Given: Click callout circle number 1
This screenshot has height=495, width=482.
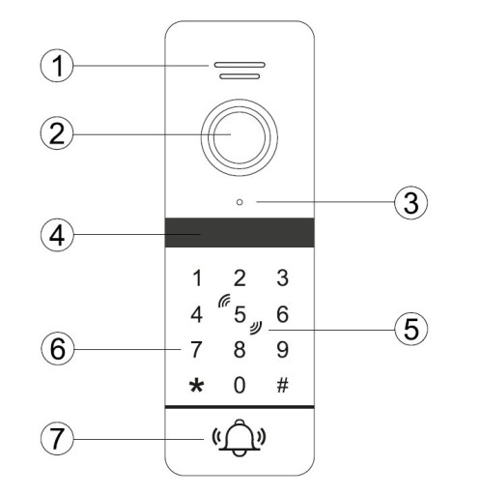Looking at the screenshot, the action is tap(57, 66).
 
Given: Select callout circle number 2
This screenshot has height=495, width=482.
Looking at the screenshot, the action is tap(57, 133).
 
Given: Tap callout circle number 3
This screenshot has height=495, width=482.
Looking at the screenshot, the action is tap(411, 203).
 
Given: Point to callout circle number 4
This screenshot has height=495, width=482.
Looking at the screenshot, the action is tap(57, 235).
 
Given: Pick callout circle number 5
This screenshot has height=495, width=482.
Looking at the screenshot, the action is tap(411, 329).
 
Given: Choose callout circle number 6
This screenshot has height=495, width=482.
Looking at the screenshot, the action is tap(58, 349).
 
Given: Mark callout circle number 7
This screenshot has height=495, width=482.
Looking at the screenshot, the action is tap(57, 439).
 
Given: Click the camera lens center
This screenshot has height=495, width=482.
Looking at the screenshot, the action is tap(240, 137).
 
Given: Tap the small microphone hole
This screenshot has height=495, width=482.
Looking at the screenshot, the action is tap(240, 202).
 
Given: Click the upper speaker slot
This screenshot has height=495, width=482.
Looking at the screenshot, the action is tap(240, 65).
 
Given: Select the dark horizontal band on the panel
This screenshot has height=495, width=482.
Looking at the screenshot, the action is tap(240, 232).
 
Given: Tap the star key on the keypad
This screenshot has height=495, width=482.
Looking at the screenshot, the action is tap(196, 386).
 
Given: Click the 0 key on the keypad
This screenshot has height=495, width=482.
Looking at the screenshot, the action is tap(240, 385).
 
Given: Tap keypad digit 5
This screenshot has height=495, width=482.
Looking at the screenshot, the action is tap(240, 314).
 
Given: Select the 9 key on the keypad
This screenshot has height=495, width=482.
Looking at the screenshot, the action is tap(282, 349).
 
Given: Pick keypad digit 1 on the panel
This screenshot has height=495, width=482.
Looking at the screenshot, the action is tap(197, 278).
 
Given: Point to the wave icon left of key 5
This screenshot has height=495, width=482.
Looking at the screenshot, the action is tap(224, 301).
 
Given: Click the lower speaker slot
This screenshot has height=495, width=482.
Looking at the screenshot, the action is tap(240, 76).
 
